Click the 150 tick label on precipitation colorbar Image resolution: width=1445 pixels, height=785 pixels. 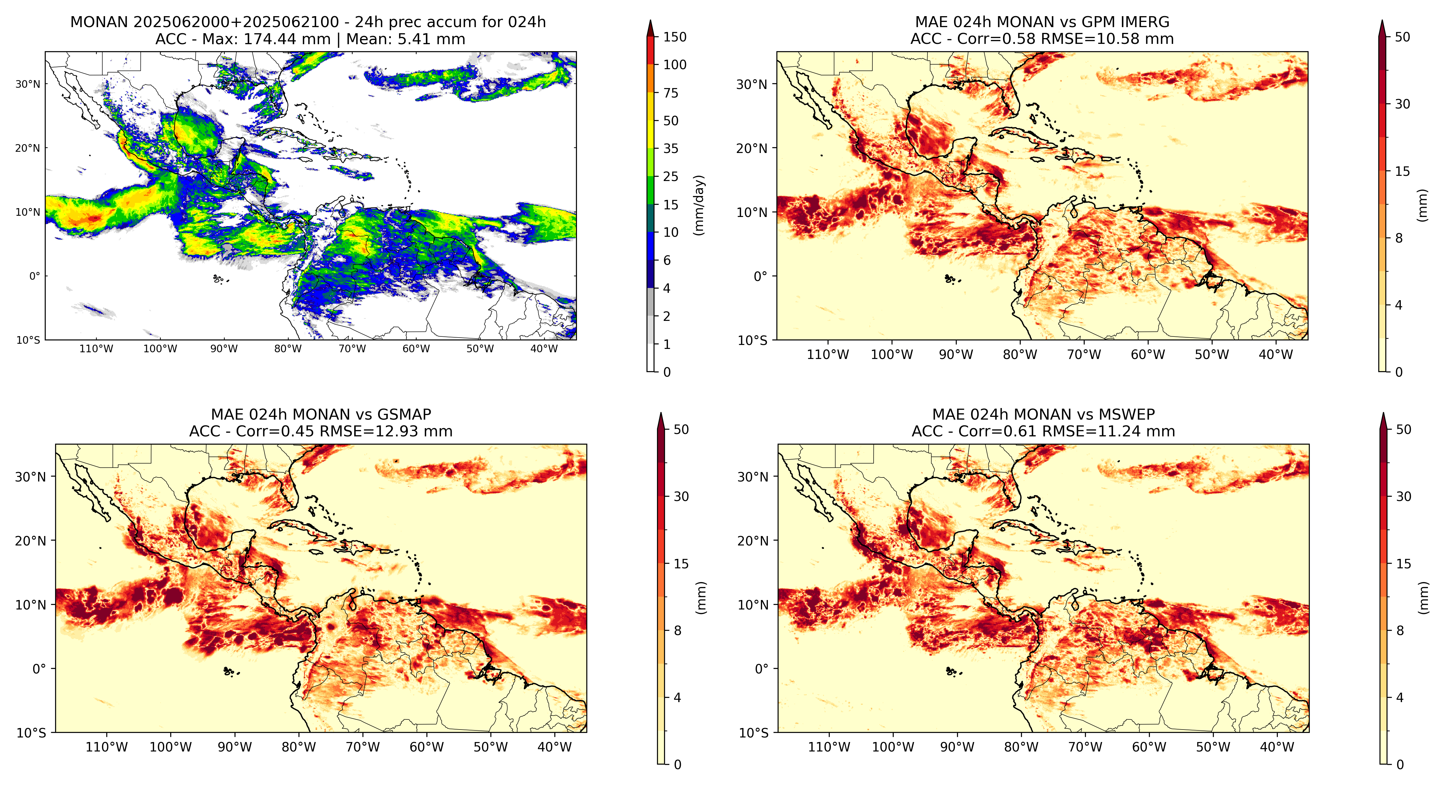point(675,37)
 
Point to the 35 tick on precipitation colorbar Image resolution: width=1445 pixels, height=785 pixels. point(671,149)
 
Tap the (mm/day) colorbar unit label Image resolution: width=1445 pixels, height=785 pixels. point(699,205)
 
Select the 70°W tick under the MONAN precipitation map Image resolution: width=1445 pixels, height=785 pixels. point(352,348)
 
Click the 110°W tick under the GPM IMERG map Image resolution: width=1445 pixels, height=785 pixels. point(828,355)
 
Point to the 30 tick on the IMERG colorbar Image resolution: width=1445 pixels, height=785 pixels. point(1402,104)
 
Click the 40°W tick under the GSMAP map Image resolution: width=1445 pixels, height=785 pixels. point(555,748)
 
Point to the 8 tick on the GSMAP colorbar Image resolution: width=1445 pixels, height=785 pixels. point(678,631)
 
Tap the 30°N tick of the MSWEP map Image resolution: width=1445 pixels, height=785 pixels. point(752,477)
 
